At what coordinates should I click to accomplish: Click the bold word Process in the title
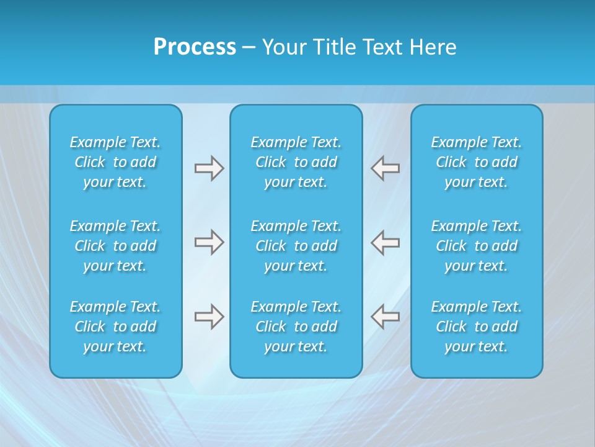195,47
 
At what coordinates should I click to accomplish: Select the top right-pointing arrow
209,168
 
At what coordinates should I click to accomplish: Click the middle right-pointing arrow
209,242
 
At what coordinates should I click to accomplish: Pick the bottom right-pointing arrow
209,317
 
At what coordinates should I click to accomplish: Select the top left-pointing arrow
386,168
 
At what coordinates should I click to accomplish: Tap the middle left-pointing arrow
386,242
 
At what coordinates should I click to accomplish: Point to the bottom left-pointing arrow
386,317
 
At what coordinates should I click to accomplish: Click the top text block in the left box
115,162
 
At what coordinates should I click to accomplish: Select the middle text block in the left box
115,246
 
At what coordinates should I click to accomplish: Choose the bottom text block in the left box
115,327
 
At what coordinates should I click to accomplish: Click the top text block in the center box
296,162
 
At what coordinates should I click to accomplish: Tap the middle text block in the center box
296,246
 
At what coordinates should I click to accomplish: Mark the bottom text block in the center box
296,327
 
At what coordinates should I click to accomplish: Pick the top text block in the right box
476,162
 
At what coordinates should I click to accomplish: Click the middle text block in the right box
476,246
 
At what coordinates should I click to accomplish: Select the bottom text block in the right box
476,327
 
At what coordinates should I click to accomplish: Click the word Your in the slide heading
283,47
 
